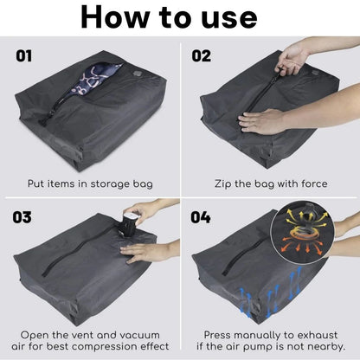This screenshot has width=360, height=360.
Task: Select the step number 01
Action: pos(26,58)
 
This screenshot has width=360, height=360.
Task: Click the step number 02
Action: pos(201,58)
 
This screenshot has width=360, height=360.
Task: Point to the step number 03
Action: pos(26,216)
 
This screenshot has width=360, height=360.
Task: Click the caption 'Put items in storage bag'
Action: pos(90,184)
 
